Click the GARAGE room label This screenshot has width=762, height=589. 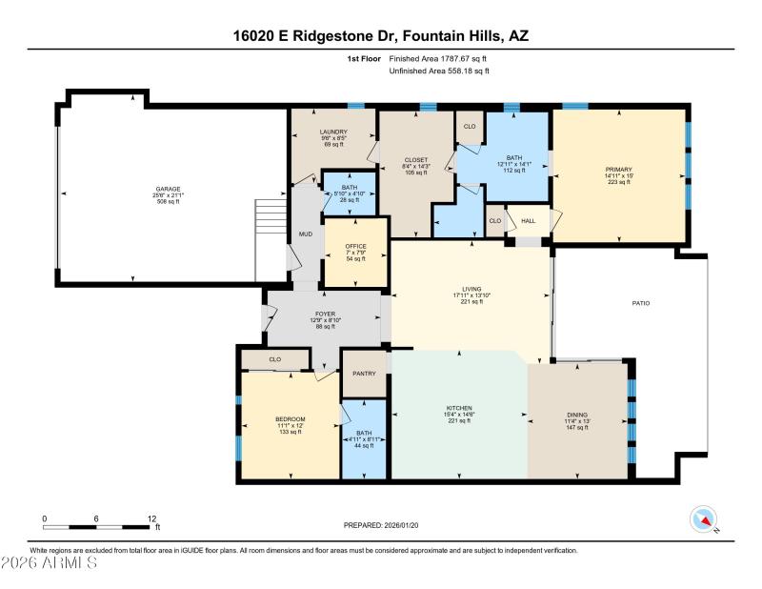coord(169,189)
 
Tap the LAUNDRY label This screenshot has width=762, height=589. coord(333,132)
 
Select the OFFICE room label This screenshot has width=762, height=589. coord(355,246)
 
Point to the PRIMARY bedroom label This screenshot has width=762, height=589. coord(618,169)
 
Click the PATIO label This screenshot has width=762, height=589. coord(641,303)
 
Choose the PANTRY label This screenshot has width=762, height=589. coord(364,374)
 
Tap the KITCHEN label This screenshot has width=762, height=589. coord(458,408)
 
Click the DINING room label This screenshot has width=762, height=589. coord(577,415)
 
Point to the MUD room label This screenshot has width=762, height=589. coord(305,233)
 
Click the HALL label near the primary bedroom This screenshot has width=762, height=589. coord(529,220)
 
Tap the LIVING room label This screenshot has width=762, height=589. coord(471,289)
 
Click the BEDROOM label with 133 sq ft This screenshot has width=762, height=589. coord(290,419)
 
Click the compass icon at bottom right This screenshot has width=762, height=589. coord(703,518)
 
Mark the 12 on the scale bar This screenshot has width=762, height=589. coord(150,519)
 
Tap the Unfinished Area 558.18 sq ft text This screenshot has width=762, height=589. coord(439,71)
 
